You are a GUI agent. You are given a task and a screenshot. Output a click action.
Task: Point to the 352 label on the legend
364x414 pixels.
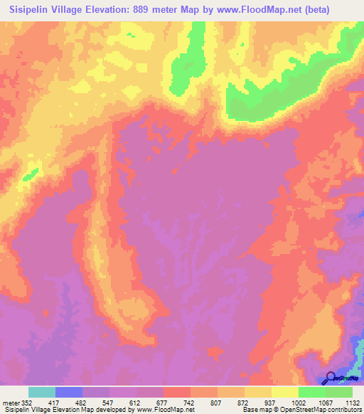pyautogui.click(x=27, y=402)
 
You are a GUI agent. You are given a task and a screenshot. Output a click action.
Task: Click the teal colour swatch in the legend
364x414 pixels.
pyautogui.click(x=42, y=392)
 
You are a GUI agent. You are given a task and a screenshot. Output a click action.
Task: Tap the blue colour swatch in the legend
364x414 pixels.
pyautogui.click(x=69, y=392)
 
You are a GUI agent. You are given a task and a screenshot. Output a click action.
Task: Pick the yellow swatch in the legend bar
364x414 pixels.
pyautogui.click(x=284, y=392)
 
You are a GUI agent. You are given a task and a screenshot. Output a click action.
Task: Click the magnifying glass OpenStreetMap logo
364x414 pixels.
pyautogui.click(x=331, y=378)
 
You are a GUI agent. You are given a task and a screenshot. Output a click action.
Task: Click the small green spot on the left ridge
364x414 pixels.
pyautogui.click(x=30, y=172)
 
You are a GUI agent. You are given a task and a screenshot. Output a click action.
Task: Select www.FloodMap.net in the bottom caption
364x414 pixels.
pyautogui.click(x=155, y=410)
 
